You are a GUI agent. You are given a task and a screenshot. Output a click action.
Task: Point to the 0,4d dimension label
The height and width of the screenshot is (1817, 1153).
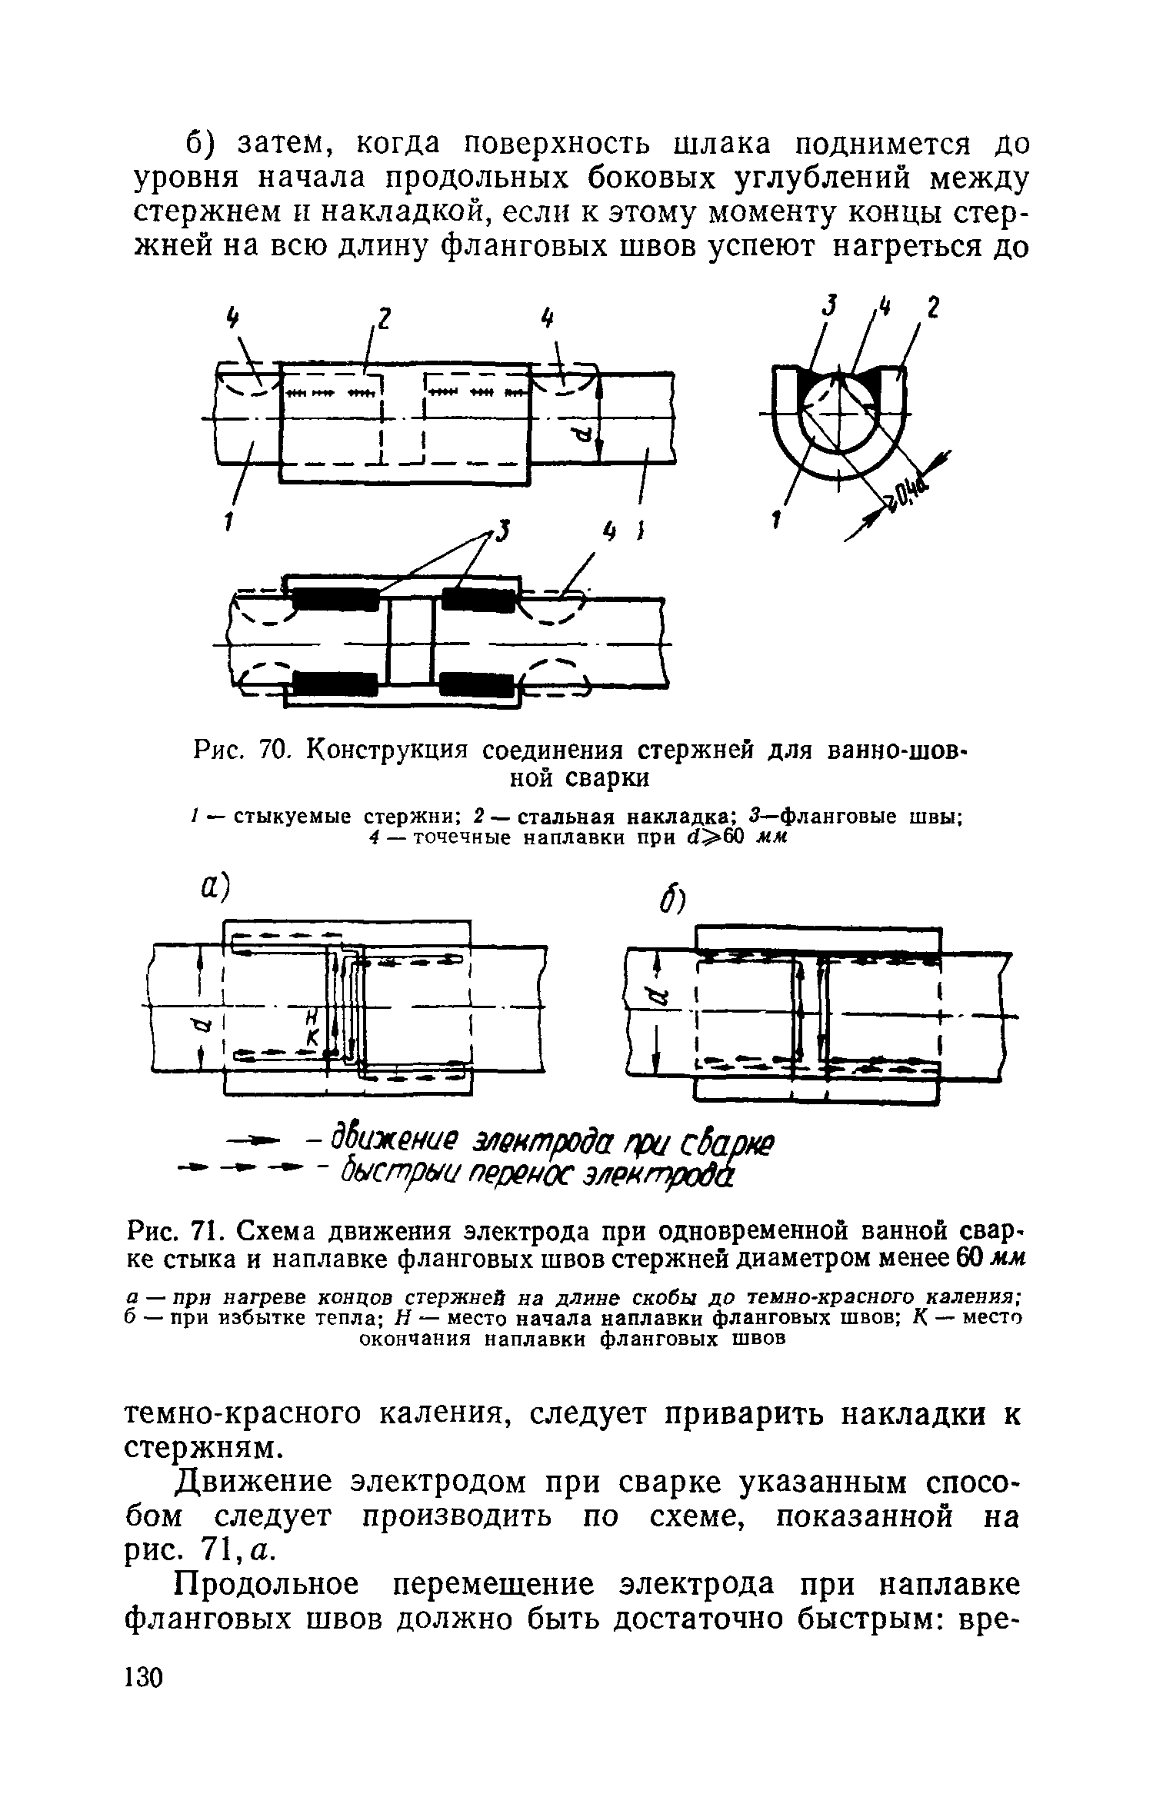coord(908,495)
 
